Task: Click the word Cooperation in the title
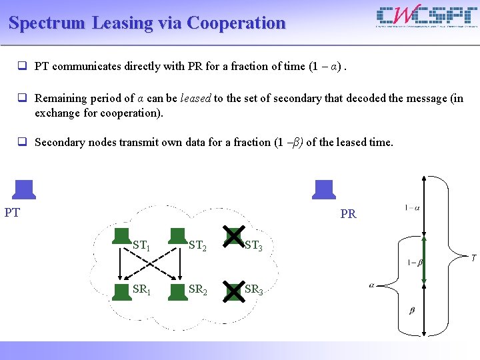(x=237, y=23)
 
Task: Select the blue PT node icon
(x=24, y=189)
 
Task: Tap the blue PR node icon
(x=324, y=189)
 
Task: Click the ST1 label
(x=141, y=245)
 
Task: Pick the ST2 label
(x=197, y=245)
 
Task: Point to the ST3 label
(x=253, y=245)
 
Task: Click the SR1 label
(x=141, y=289)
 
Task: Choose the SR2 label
(x=197, y=289)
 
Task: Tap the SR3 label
(x=253, y=289)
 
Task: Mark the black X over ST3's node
(x=233, y=236)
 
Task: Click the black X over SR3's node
(x=233, y=291)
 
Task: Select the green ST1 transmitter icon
(x=121, y=236)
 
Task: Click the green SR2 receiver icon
(x=177, y=291)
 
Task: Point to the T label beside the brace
(x=473, y=258)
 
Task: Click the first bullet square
(x=22, y=66)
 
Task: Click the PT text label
(x=12, y=213)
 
